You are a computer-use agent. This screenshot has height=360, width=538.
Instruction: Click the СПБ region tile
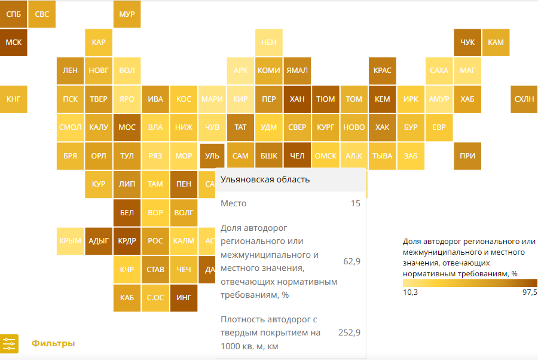click(13, 14)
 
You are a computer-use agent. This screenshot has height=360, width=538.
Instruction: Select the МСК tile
click(13, 42)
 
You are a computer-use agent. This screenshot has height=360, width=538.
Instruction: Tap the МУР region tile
click(127, 14)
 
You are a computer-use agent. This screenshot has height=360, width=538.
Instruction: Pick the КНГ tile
click(13, 99)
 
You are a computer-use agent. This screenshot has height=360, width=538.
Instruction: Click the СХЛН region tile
click(524, 99)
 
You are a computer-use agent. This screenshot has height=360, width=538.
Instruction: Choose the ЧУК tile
click(467, 42)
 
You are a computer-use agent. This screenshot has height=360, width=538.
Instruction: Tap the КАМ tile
click(496, 42)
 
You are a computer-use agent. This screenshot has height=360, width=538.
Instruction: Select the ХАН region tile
click(297, 99)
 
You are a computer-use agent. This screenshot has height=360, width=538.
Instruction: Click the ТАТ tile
click(240, 127)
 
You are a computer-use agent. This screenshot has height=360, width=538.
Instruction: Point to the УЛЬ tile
click(212, 156)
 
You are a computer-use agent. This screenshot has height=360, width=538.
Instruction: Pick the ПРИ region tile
click(467, 156)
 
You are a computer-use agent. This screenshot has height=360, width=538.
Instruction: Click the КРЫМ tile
click(70, 241)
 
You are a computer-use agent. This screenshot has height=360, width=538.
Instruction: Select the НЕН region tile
click(269, 42)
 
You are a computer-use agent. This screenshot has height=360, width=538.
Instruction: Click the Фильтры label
click(53, 344)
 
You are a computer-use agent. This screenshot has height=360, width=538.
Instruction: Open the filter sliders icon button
click(10, 344)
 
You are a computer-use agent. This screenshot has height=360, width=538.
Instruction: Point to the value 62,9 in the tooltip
click(351, 261)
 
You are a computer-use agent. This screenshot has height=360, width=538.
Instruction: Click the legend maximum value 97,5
click(530, 292)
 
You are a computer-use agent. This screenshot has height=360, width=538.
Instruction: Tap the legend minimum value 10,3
click(411, 292)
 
